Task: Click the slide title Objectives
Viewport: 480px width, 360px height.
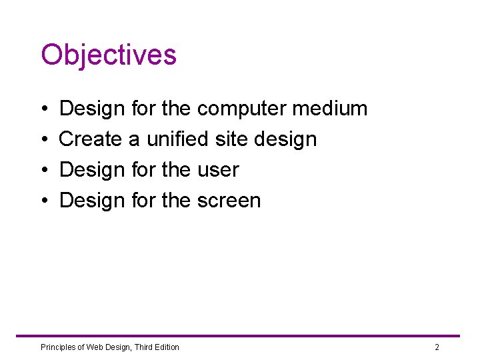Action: click(x=109, y=55)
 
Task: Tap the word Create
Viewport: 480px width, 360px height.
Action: click(x=91, y=139)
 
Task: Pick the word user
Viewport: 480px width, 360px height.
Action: click(x=218, y=170)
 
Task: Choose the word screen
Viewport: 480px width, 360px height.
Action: click(x=229, y=201)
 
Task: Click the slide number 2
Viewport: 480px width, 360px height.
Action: click(x=437, y=347)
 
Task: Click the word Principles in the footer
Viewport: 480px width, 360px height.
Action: click(x=59, y=347)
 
